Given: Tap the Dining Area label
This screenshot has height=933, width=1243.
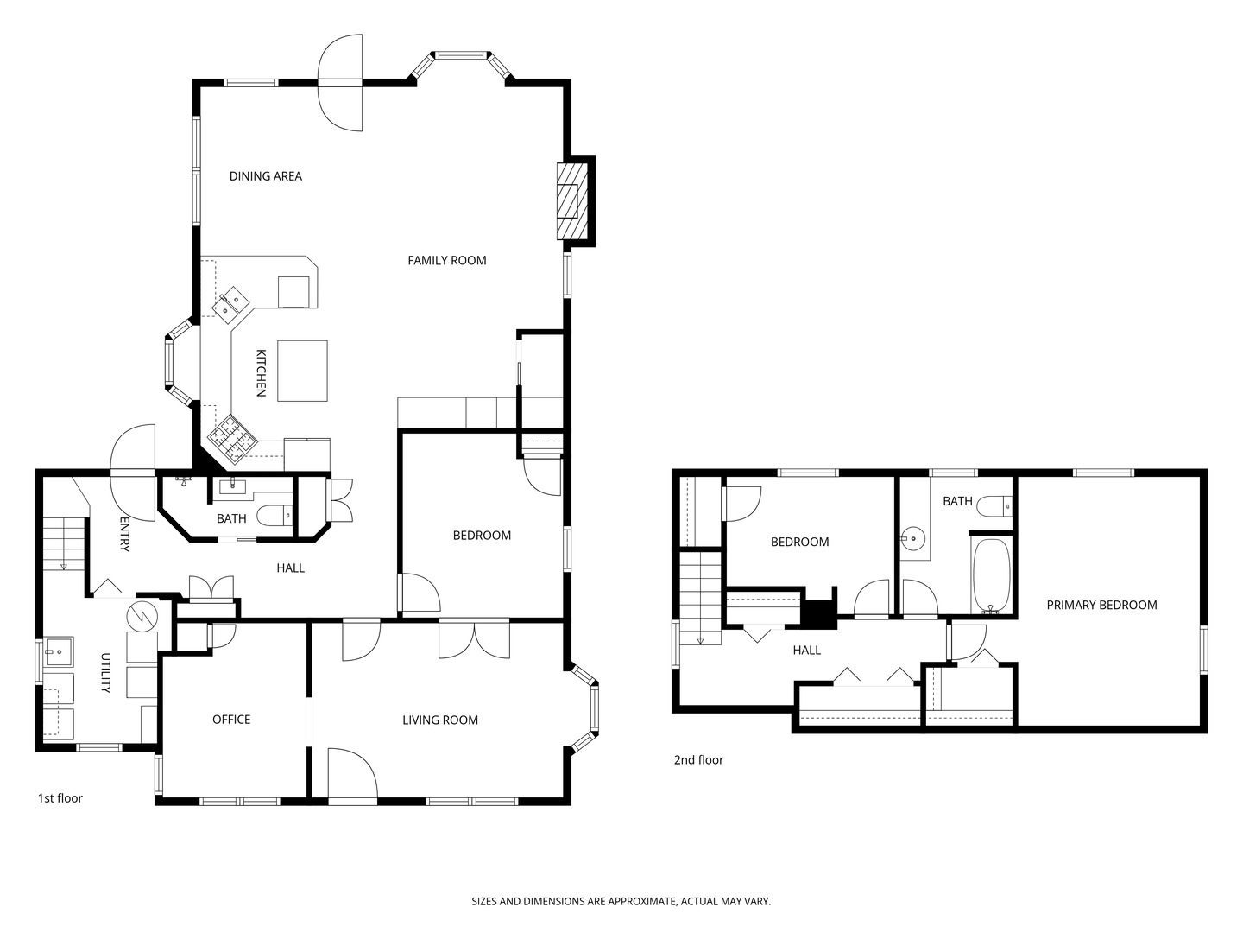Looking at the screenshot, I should [x=265, y=176].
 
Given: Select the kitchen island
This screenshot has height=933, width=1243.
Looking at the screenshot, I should [x=302, y=371].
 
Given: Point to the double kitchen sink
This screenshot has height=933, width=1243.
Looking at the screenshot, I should [x=230, y=303].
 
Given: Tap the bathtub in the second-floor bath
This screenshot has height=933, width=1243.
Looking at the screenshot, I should [x=991, y=576].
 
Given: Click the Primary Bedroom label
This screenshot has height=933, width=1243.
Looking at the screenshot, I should [x=1101, y=605].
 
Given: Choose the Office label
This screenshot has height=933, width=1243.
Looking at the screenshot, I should [x=231, y=720].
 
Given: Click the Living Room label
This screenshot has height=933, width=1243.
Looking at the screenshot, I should [x=440, y=720].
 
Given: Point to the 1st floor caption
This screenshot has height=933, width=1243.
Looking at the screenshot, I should [x=60, y=798].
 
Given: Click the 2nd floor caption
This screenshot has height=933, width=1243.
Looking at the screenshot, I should [x=698, y=760].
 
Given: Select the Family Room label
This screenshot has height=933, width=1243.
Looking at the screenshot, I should [x=447, y=260].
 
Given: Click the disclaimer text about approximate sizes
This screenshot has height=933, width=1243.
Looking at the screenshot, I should [x=621, y=901].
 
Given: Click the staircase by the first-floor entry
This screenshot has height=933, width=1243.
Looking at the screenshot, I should [x=64, y=543].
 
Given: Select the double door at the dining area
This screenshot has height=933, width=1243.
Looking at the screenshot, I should [x=341, y=83].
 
